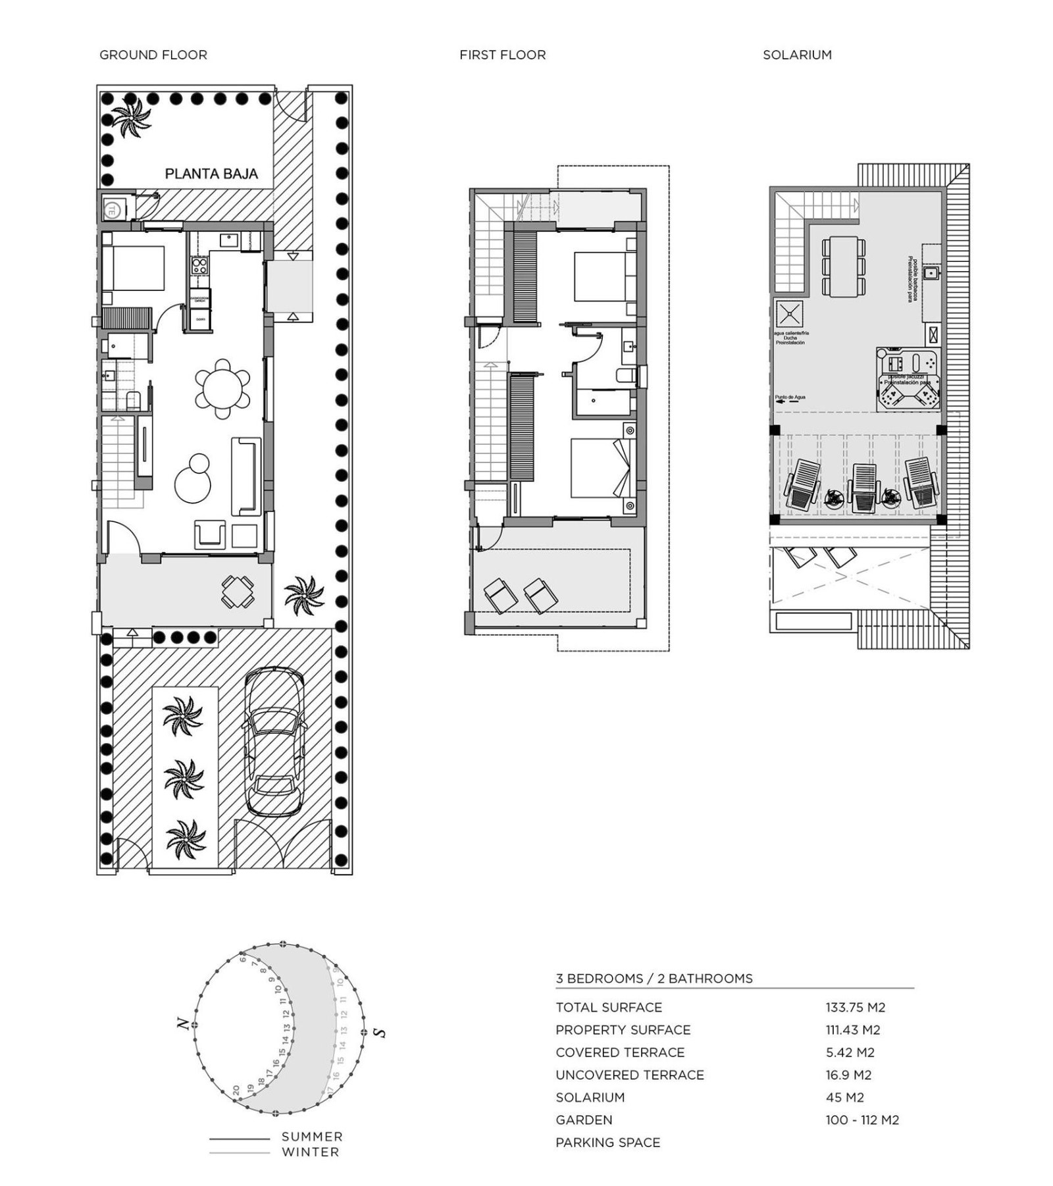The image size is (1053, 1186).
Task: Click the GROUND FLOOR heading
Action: pos(153,55)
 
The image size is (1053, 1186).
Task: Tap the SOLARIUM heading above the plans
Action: pos(796,55)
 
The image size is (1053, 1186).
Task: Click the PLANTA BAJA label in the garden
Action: pos(211,174)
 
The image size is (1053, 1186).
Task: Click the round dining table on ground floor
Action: pos(222,389)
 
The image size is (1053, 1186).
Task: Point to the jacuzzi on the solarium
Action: pos(908,379)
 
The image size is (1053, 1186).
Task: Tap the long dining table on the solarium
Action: pos(843,266)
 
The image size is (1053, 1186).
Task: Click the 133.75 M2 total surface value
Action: pos(855,1007)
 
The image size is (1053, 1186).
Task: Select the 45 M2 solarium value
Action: pos(844,1097)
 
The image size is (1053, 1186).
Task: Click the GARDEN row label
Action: pos(583,1120)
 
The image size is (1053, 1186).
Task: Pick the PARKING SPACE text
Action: pos(607,1143)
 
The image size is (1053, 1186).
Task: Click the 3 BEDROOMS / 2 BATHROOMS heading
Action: pos(654,979)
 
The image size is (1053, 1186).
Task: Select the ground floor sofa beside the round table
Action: pos(245,476)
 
